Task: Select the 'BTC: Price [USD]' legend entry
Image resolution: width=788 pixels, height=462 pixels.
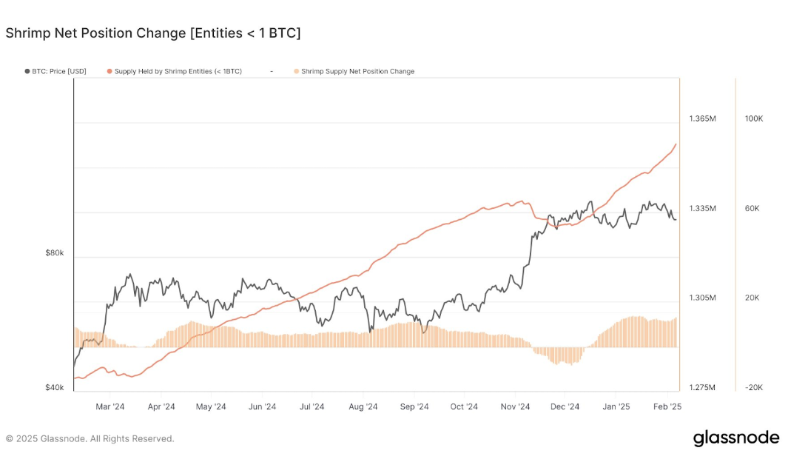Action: point(58,71)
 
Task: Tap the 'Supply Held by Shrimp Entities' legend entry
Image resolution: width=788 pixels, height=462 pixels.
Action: point(178,71)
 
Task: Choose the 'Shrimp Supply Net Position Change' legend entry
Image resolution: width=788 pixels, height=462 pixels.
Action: point(357,71)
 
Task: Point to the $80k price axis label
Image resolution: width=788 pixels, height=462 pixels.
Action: point(55,253)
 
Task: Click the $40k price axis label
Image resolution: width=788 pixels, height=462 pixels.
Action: point(55,387)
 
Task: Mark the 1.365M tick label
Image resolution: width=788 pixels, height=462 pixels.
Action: point(702,118)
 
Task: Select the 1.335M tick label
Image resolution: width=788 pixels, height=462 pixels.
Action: point(702,208)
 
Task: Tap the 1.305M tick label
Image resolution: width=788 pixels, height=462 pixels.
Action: point(702,298)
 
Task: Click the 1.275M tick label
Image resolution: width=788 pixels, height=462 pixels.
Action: point(702,387)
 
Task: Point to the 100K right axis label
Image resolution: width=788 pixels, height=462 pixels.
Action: point(753,118)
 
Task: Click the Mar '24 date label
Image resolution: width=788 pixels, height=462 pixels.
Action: point(110,406)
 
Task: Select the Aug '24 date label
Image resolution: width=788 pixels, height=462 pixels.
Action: point(363,406)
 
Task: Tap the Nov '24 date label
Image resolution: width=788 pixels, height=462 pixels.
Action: point(515,406)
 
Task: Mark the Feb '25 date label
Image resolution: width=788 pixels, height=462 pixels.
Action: point(667,406)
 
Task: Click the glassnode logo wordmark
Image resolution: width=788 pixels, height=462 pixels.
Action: point(735,438)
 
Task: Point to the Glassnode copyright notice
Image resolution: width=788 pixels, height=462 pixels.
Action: point(90,438)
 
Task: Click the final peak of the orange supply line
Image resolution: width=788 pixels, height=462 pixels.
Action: point(676,144)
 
